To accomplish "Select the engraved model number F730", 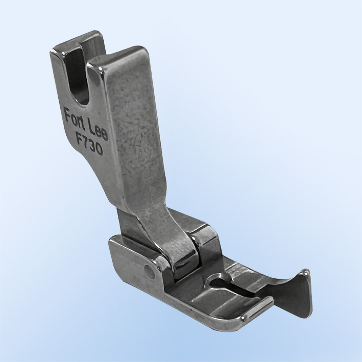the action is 89,144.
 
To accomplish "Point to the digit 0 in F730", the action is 99,150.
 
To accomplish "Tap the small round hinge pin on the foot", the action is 148,269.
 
